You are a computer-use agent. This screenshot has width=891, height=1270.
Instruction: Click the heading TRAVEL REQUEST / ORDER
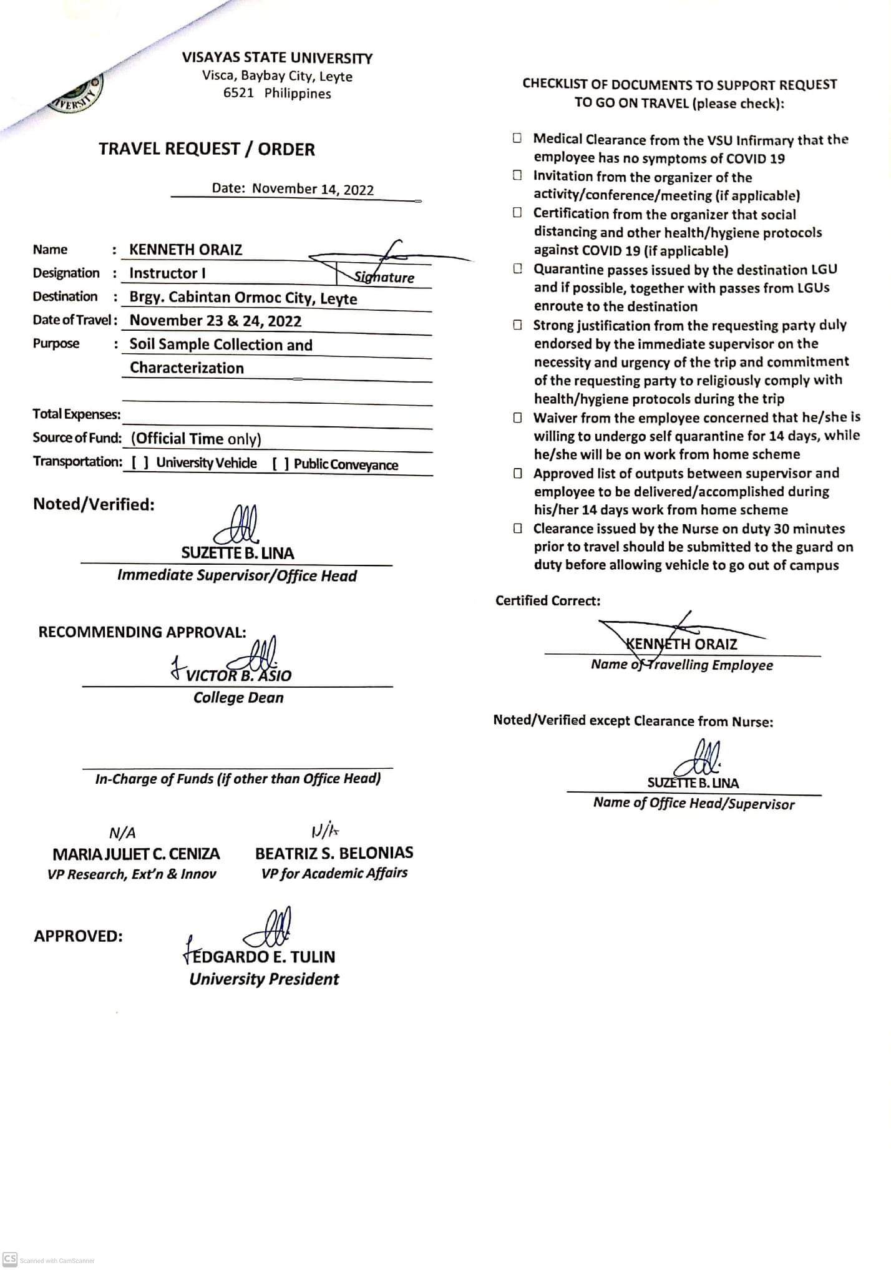207,149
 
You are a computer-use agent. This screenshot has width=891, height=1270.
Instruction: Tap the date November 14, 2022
313,189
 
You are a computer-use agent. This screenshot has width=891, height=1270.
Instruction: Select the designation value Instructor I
167,273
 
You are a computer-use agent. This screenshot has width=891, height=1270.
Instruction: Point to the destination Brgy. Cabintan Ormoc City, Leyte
243,298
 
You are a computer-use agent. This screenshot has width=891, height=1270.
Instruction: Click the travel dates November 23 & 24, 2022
215,321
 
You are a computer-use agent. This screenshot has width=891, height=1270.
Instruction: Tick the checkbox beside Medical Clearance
517,139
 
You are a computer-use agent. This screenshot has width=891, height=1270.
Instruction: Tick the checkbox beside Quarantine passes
517,269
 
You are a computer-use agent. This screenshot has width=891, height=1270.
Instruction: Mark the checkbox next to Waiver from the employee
517,417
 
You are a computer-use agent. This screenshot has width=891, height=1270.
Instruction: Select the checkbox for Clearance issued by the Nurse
517,529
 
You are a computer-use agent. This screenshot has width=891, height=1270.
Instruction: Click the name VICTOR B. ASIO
238,675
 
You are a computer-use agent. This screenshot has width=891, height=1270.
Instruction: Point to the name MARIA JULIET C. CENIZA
136,854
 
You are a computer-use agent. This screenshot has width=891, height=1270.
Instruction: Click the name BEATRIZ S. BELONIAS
334,852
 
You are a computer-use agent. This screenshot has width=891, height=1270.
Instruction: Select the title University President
264,979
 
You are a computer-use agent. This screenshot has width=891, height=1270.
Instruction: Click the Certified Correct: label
548,600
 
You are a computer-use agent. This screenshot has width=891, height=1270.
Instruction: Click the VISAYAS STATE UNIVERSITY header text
277,58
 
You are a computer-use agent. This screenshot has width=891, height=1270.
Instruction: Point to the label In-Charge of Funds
238,778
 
